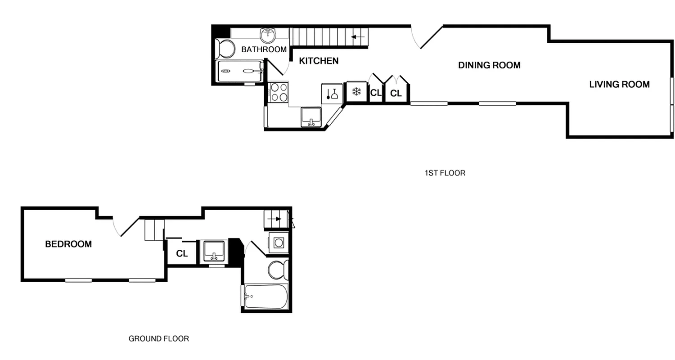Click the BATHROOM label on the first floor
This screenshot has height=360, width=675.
tap(264, 49)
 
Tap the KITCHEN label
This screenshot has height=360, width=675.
tap(319, 61)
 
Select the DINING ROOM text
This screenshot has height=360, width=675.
tap(489, 65)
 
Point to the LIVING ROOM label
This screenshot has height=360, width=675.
tap(619, 84)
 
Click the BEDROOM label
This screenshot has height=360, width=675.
tap(68, 244)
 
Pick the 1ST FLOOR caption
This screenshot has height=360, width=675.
tap(445, 173)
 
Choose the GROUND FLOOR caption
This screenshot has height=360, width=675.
tap(158, 338)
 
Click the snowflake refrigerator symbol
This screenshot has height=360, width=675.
tap(356, 92)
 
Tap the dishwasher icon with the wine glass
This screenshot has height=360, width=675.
tap(333, 94)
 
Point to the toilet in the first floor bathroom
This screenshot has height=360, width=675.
tap(225, 48)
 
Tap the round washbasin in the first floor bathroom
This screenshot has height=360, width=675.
tap(268, 34)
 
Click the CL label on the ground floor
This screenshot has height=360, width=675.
tap(182, 254)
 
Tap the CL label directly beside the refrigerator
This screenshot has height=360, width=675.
tap(376, 93)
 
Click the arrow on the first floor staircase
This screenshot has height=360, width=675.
tap(358, 37)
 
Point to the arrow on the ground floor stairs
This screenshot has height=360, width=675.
tap(274, 219)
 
